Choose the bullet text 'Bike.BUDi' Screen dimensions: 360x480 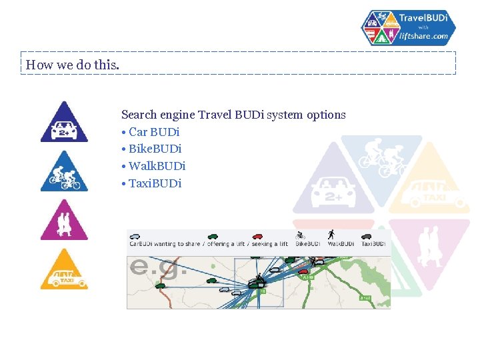pos(155,149)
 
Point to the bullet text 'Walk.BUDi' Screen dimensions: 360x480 pos(157,166)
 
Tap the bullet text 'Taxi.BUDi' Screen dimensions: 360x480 pos(155,183)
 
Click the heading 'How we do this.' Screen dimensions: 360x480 pos(73,65)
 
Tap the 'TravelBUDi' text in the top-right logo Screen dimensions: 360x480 pos(423,17)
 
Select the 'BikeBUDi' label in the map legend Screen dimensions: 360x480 pos(307,244)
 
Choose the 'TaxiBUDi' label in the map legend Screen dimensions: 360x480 pos(373,244)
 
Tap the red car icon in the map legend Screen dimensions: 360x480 pos(257,236)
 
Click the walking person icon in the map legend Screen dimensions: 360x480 pos(331,235)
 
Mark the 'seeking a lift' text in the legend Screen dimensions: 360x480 pos(270,244)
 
